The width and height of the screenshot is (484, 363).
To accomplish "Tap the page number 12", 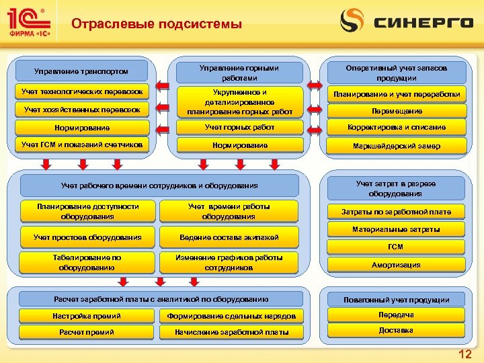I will (x=463, y=354).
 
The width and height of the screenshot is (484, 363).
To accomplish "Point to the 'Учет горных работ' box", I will (x=231, y=127).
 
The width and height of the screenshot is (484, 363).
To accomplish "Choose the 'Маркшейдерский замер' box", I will (x=396, y=146).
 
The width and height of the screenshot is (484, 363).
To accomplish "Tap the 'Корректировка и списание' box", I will (x=396, y=128).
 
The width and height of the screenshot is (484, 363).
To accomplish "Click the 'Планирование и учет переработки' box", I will (x=396, y=94).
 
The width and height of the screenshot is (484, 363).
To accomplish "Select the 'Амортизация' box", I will (x=396, y=265).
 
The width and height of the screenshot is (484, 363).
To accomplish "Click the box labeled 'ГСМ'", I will (x=396, y=247).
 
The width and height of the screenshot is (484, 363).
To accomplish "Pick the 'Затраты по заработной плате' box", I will (x=396, y=212).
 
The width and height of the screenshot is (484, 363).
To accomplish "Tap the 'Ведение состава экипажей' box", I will (x=229, y=237).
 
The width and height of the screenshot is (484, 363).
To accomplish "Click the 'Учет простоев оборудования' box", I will (x=87, y=237).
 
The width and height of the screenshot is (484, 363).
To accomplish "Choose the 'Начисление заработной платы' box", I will (x=231, y=332).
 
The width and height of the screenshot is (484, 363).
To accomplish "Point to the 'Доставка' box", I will (x=396, y=331).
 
